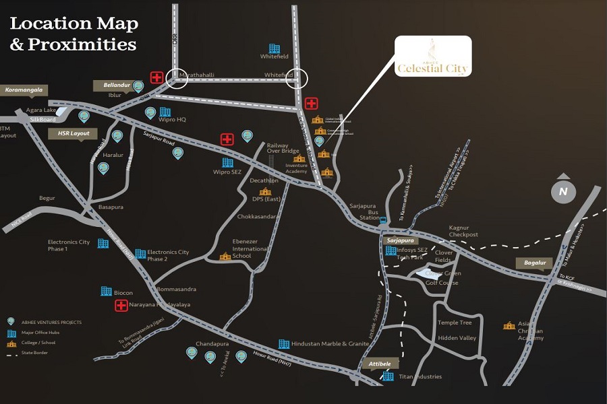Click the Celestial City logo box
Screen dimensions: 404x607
(432, 57)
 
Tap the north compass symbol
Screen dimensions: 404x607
(563, 192)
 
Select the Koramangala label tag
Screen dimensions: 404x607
(24, 89)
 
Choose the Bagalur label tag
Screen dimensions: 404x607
(533, 263)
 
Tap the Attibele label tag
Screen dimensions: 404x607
(380, 364)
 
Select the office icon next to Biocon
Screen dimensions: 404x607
(106, 292)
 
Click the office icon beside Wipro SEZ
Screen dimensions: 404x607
(227, 162)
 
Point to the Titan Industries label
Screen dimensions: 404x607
(420, 376)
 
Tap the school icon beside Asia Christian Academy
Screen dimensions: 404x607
(509, 326)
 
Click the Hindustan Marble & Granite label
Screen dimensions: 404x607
(330, 343)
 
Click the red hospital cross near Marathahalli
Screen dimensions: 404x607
(156, 77)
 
